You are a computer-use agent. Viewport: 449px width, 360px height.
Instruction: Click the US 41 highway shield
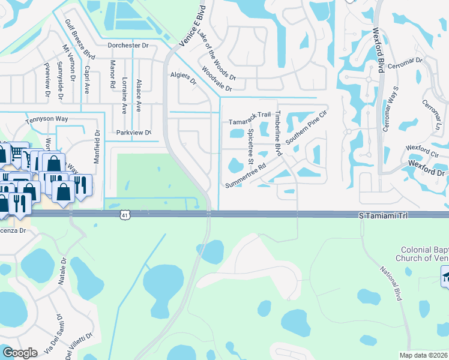click(124, 214)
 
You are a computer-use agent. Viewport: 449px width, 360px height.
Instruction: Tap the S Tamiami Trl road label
click(382, 214)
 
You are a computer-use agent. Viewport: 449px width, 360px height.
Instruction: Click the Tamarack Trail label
click(250, 122)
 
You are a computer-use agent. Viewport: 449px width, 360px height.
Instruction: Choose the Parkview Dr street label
click(133, 132)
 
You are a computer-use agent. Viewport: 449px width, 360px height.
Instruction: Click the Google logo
click(20, 353)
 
